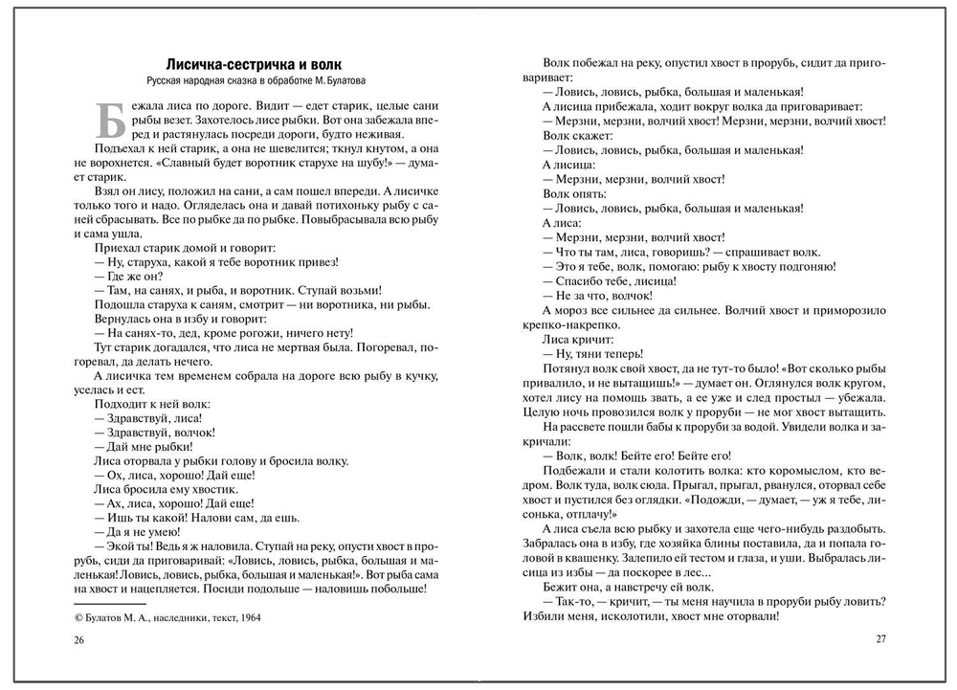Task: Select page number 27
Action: coord(880,640)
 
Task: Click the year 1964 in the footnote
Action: coord(246,617)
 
